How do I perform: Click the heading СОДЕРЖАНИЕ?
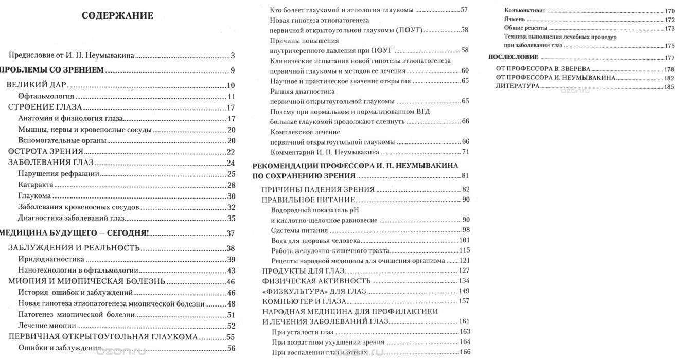117,16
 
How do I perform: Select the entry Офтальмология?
46,97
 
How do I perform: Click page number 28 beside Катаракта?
231,185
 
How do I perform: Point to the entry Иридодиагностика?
51,259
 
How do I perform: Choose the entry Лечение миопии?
47,326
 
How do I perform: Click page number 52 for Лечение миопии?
231,326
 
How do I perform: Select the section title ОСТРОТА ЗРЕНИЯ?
46,152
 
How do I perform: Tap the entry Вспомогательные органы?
62,140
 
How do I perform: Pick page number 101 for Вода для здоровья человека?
465,240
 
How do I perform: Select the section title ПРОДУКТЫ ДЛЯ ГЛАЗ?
303,271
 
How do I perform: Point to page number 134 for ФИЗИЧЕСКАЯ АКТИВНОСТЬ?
464,281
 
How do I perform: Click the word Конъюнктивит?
525,10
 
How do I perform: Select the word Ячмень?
515,19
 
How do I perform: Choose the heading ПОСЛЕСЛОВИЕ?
513,57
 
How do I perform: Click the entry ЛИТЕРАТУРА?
518,86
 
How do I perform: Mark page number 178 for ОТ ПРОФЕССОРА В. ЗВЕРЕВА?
669,69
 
